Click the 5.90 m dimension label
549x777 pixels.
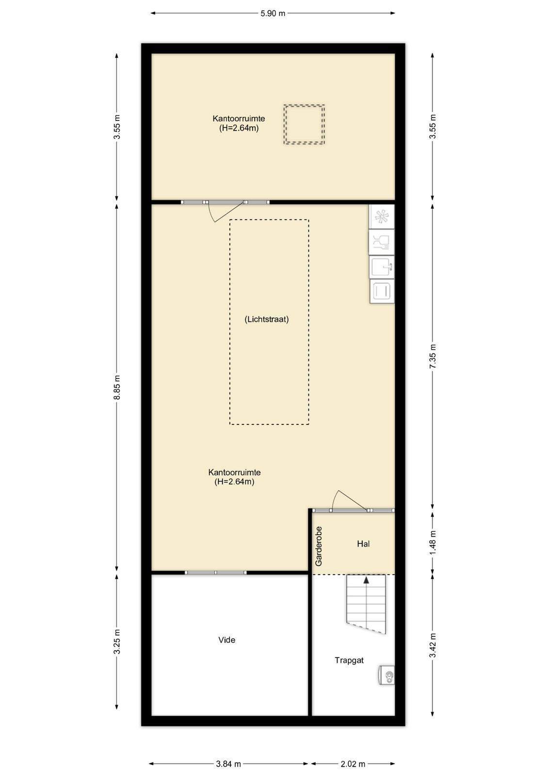tap(273, 14)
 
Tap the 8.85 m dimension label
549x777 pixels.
tap(117, 387)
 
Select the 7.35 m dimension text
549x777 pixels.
tap(433, 356)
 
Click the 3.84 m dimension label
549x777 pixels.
tap(228, 763)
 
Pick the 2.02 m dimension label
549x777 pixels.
tap(353, 763)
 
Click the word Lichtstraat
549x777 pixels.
tap(267, 319)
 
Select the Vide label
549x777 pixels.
tap(227, 640)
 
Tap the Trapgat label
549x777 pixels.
tap(349, 660)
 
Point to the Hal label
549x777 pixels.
tap(363, 544)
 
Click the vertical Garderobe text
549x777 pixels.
tap(319, 546)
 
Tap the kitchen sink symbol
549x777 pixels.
tap(382, 267)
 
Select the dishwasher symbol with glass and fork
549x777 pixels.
tap(382, 242)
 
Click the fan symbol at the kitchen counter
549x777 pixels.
tap(382, 217)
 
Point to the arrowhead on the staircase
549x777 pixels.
tap(366, 580)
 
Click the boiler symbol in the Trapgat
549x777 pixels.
tap(387, 675)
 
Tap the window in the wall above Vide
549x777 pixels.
tap(215, 573)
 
